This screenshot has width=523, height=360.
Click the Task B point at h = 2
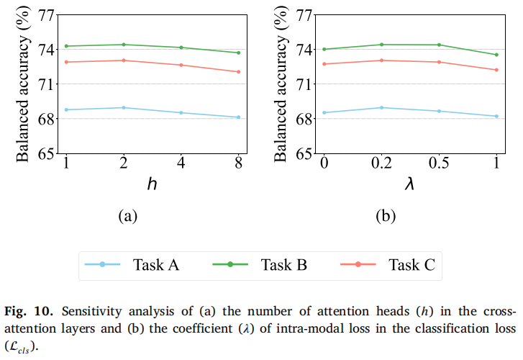(124, 45)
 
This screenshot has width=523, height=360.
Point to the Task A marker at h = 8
(238, 117)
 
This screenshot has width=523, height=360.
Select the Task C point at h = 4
(181, 65)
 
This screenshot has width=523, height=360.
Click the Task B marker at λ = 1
(496, 55)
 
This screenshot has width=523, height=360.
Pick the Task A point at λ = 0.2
(381, 107)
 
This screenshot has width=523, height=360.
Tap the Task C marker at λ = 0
(324, 64)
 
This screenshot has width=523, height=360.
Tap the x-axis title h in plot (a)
(152, 184)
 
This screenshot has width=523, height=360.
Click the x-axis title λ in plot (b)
(410, 184)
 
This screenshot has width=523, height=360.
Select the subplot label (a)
(127, 215)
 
